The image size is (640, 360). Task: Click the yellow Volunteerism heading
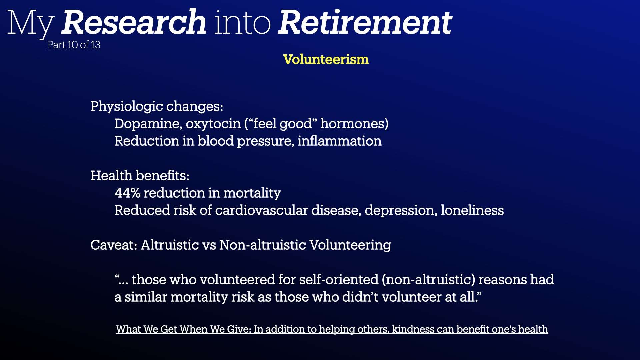pos(326,59)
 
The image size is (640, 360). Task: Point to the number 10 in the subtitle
pos(73,45)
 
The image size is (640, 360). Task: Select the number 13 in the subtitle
pos(95,45)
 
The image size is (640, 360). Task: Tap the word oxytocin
pos(213,124)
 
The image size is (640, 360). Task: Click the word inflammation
pos(339,141)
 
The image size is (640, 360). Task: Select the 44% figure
pos(127,193)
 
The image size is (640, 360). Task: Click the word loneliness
pos(472,210)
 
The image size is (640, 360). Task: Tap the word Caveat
pos(114,245)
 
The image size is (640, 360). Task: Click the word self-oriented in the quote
pos(339,279)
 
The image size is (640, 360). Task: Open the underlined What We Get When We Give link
pos(332,329)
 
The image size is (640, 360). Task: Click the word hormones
pos(354,124)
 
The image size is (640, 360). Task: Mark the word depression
pos(401,211)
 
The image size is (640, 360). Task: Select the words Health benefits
pos(140,175)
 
